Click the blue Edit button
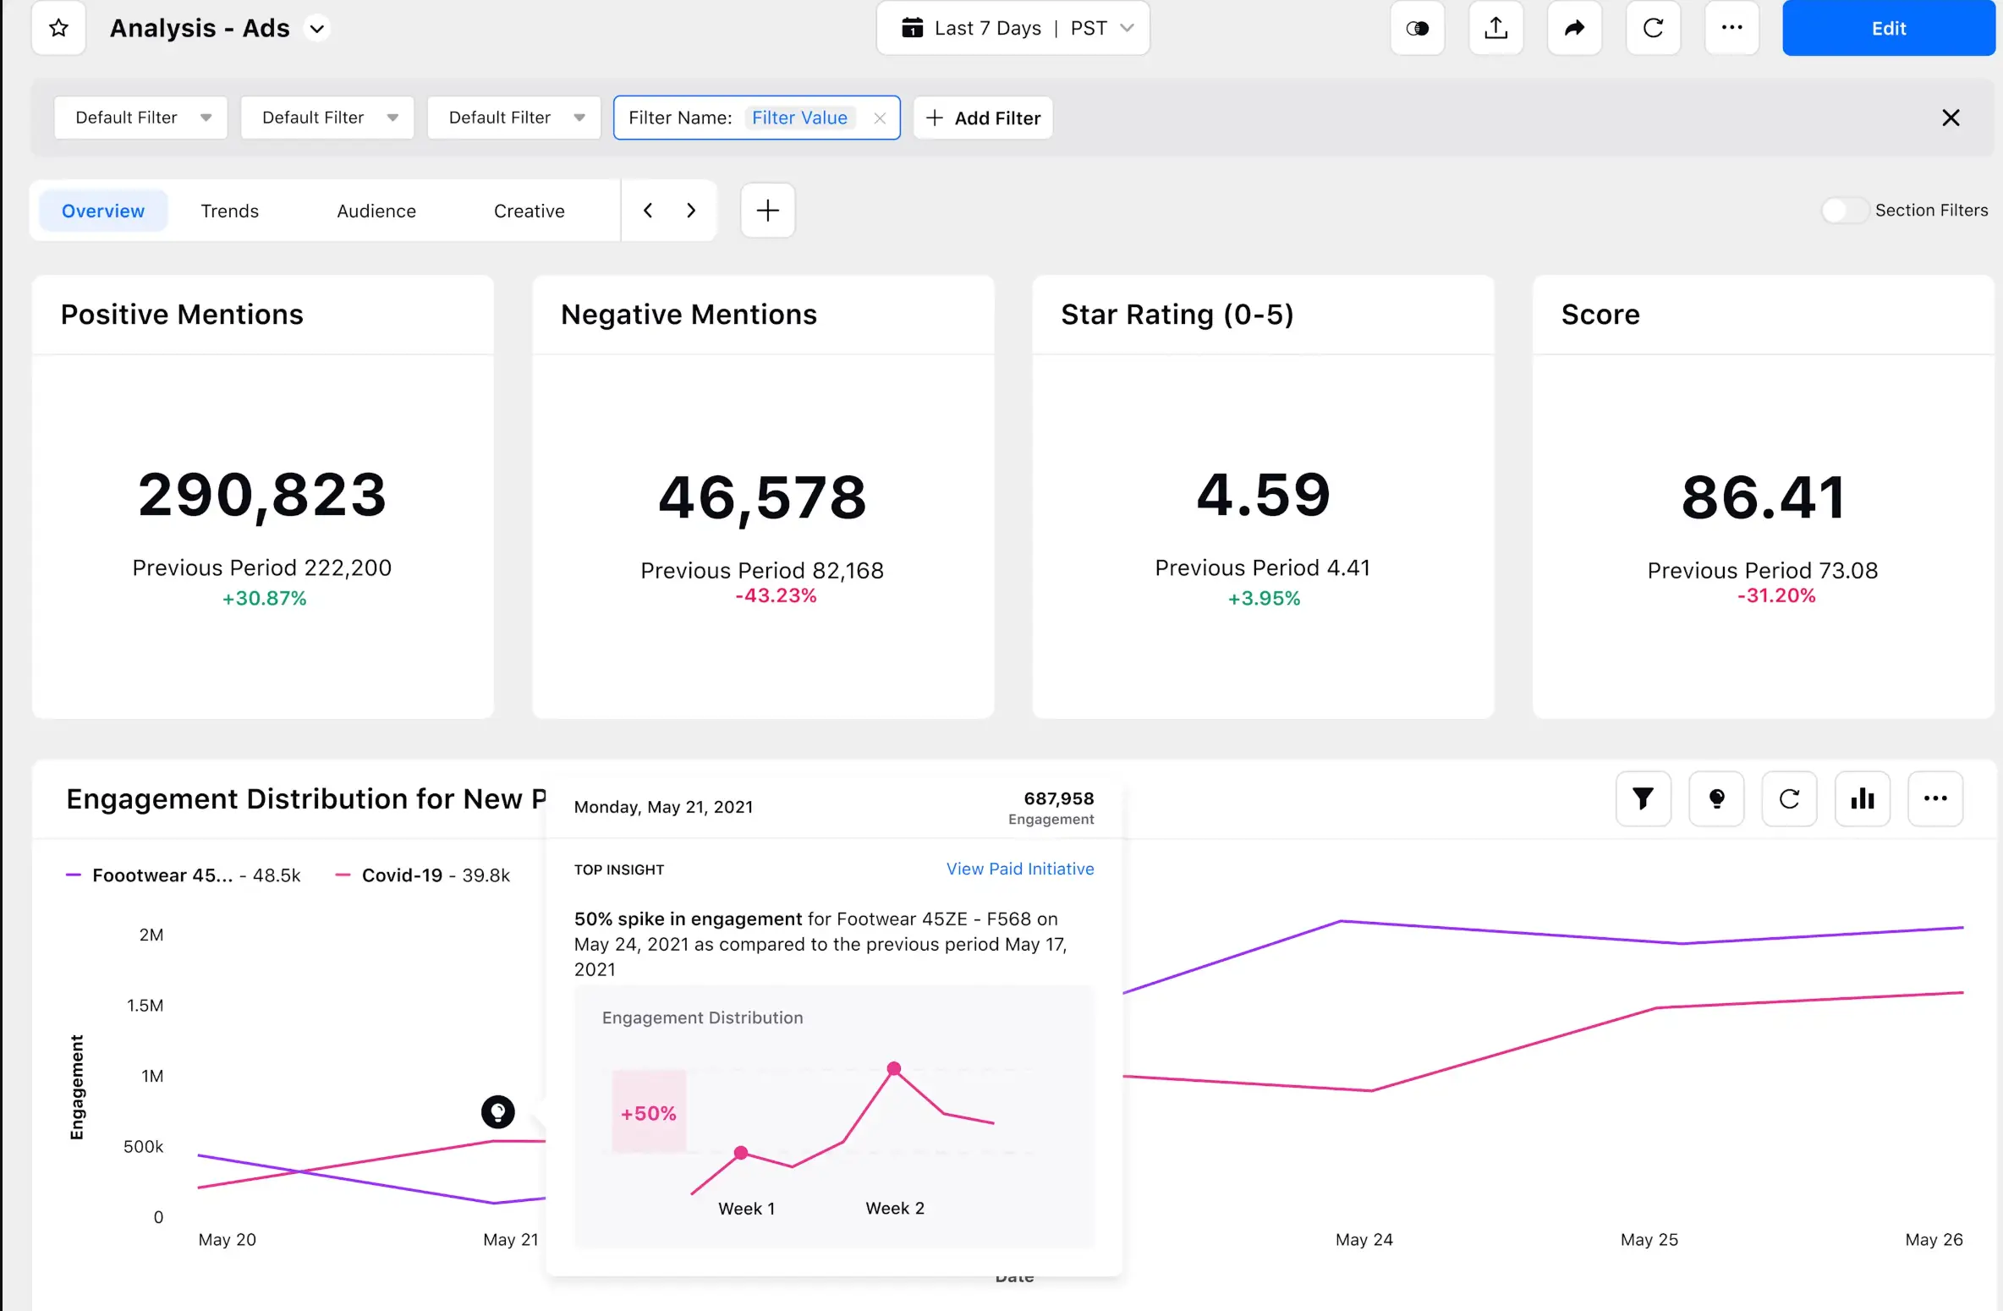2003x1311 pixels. click(1888, 28)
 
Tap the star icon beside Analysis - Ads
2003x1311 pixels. click(58, 28)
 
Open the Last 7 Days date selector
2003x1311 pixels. click(1012, 28)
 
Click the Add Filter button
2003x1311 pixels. click(983, 118)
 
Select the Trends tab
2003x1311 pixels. click(229, 211)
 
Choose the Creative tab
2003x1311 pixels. click(529, 211)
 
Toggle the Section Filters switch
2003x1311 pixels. click(1843, 210)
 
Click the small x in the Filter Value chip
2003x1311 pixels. click(880, 118)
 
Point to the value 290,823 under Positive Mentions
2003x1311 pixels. click(262, 495)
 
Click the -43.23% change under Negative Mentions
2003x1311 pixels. click(776, 595)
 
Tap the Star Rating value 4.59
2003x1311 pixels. click(1263, 495)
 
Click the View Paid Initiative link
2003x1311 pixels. click(1019, 869)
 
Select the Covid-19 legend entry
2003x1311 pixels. click(402, 875)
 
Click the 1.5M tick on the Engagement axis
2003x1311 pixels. click(145, 1006)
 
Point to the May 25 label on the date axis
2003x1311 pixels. click(1649, 1239)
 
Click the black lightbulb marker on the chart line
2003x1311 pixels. click(498, 1111)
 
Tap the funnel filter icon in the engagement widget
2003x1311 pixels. click(1643, 798)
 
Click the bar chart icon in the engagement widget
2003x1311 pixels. click(1862, 798)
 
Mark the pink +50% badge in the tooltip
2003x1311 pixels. click(649, 1113)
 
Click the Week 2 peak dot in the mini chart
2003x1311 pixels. click(894, 1068)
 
